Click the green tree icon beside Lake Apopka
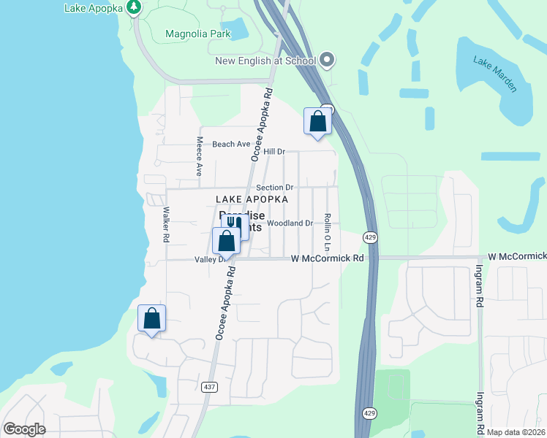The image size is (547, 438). [133, 8]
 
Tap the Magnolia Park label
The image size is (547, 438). [197, 34]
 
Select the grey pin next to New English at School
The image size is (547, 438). [327, 61]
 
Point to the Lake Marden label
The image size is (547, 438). [495, 74]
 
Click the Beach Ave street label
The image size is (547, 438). [231, 145]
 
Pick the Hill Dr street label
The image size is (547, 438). [273, 152]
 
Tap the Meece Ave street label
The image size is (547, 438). [198, 157]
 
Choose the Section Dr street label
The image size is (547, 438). [274, 188]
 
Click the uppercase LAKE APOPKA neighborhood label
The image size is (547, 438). [252, 199]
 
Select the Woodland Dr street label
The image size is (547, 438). [290, 223]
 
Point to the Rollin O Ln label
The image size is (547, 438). [328, 228]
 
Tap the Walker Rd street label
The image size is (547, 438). [166, 224]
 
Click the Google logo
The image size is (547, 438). [25, 429]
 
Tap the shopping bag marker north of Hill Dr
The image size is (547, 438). [317, 120]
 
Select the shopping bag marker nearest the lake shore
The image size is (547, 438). [151, 318]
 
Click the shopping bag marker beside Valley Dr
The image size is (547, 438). [227, 240]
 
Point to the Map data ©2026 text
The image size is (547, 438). [516, 432]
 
